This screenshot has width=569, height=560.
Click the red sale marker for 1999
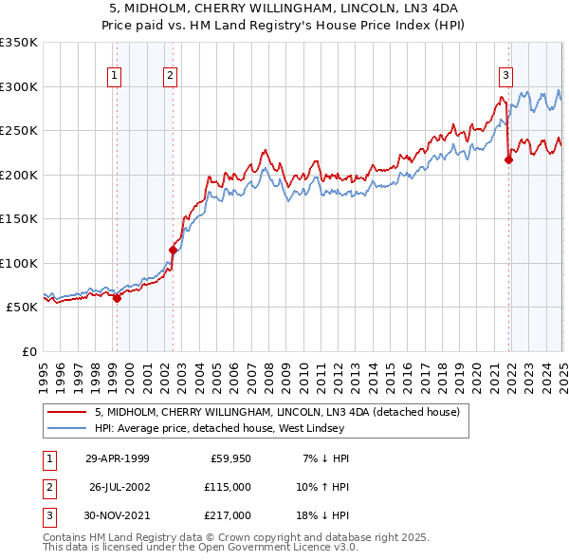pyautogui.click(x=117, y=298)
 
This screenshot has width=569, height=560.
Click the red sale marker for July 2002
pyautogui.click(x=174, y=250)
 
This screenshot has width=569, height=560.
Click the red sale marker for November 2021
pyautogui.click(x=508, y=159)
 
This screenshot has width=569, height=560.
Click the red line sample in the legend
pyautogui.click(x=66, y=412)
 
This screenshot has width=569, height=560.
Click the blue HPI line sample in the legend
pyautogui.click(x=66, y=428)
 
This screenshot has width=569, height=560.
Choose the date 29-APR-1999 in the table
pyautogui.click(x=117, y=458)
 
